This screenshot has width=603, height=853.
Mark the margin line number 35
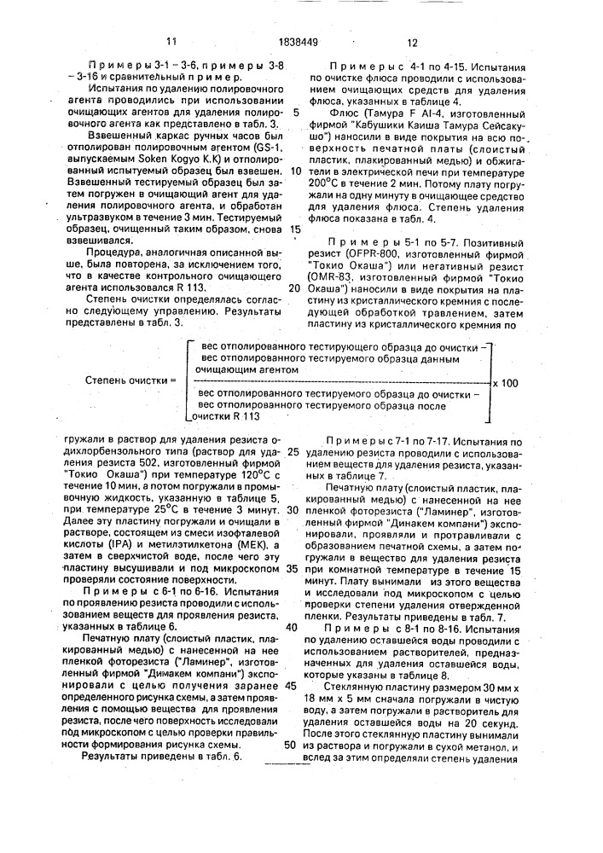pyautogui.click(x=291, y=591)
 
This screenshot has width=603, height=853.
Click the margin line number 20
pyautogui.click(x=293, y=288)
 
